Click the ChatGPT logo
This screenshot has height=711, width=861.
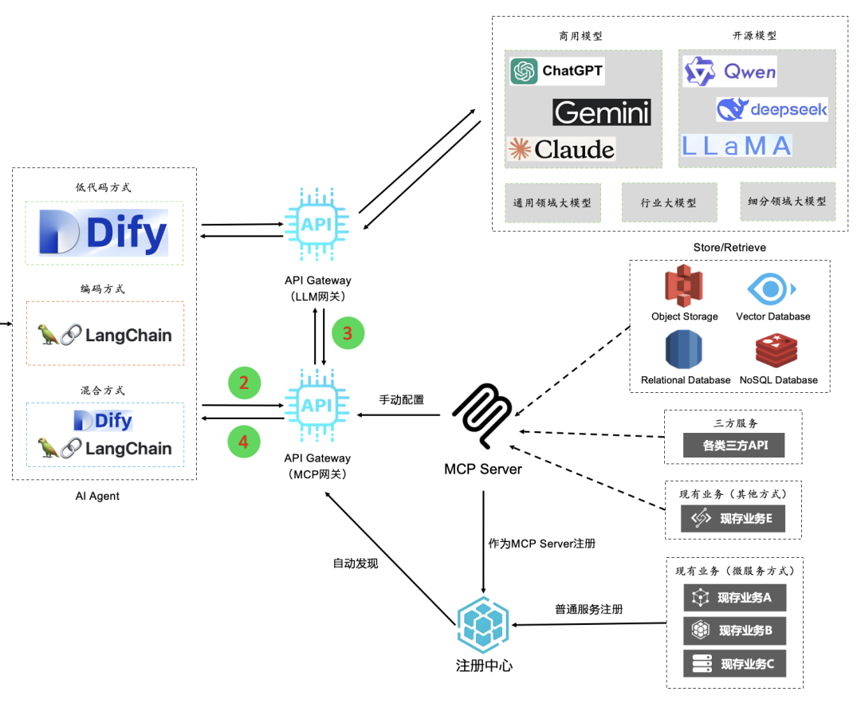[556, 72]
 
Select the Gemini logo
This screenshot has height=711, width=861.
[602, 112]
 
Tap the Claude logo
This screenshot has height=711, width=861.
[562, 149]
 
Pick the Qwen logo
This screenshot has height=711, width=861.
[729, 73]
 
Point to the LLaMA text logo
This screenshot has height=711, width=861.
[737, 146]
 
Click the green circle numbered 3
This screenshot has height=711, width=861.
[347, 333]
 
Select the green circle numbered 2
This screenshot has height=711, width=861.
[244, 383]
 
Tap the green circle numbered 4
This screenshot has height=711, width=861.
[244, 442]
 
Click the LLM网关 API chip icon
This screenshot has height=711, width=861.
[317, 224]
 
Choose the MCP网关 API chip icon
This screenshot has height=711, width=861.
[317, 404]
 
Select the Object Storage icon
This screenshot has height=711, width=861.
[684, 287]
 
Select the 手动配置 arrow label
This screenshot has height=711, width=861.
[402, 399]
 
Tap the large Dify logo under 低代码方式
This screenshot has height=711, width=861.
[104, 233]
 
